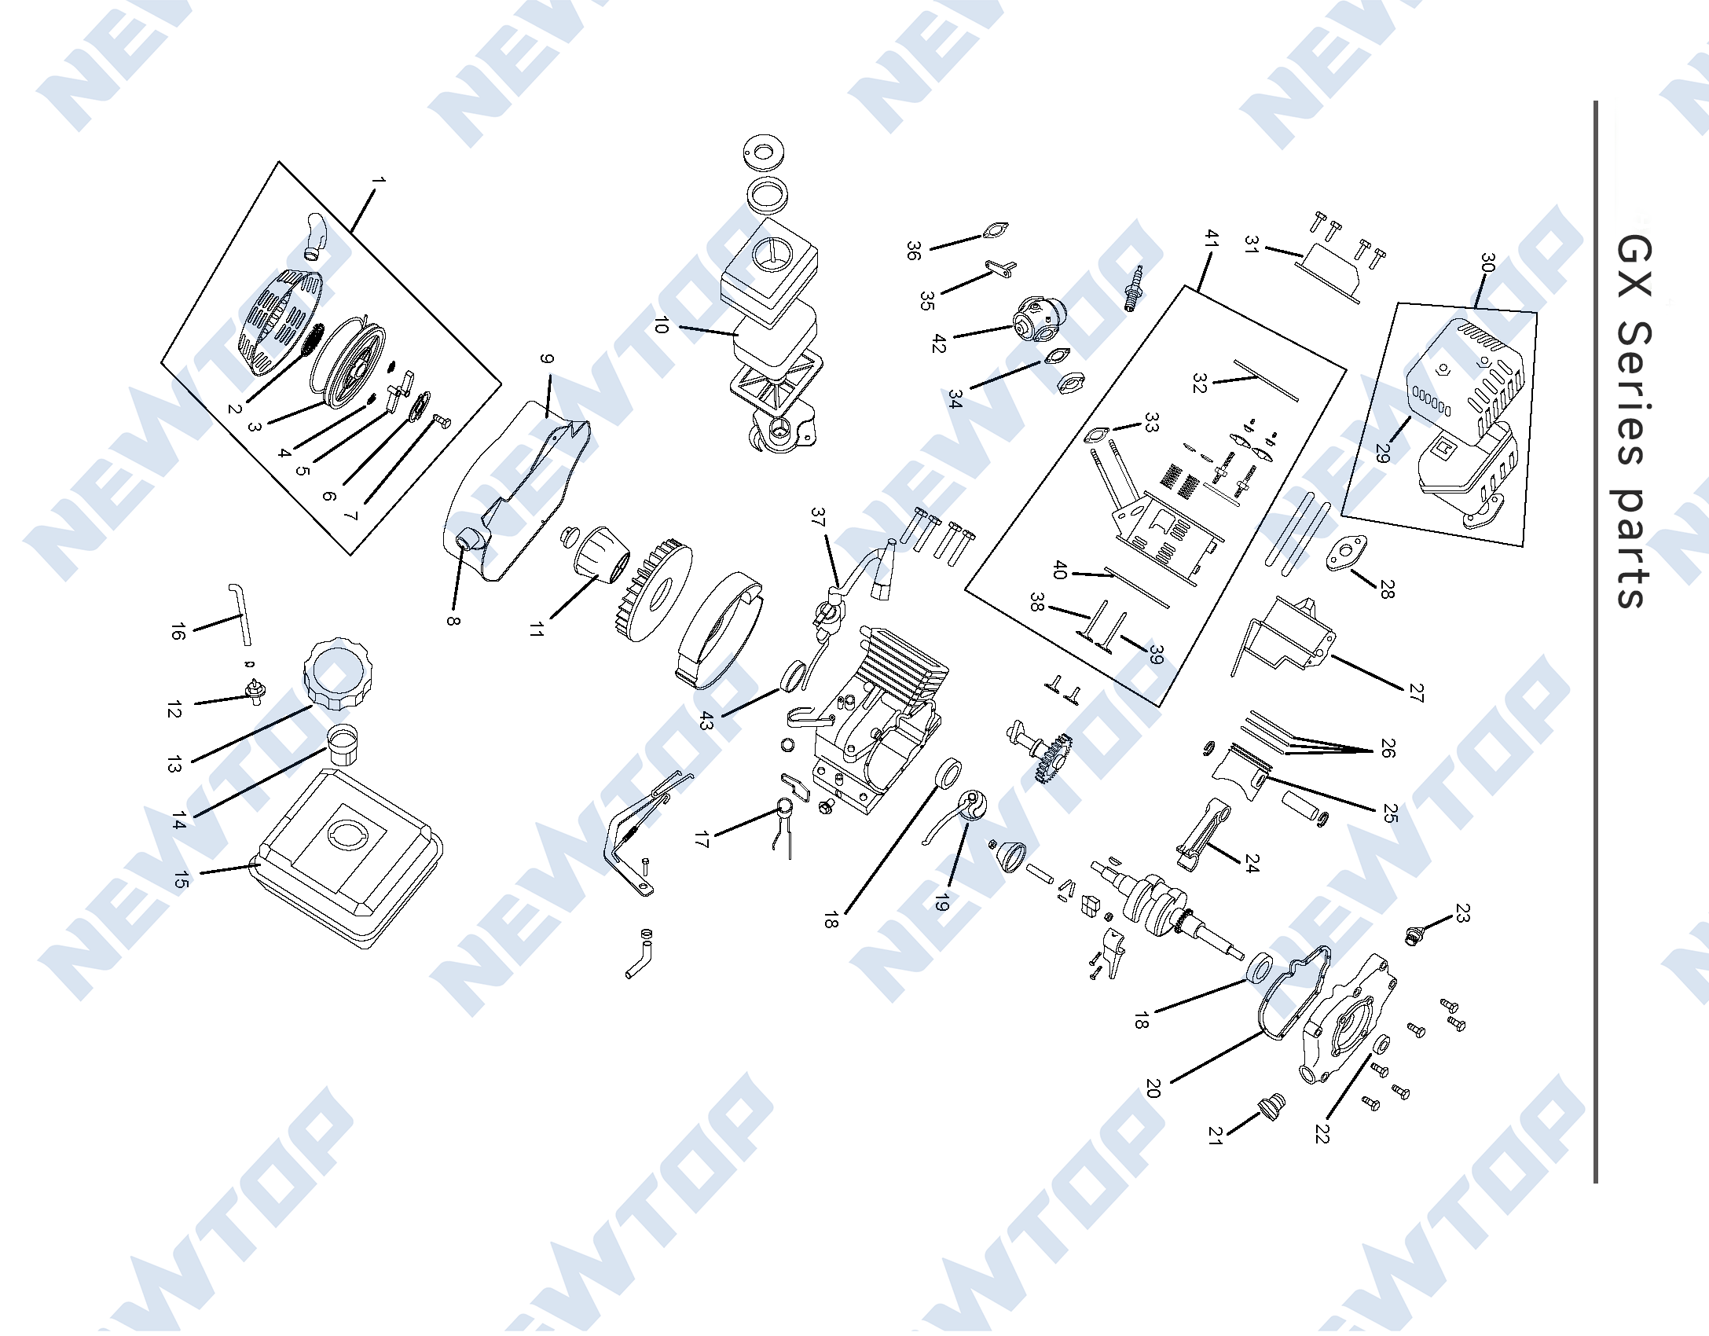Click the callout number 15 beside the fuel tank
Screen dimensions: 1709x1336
coord(182,880)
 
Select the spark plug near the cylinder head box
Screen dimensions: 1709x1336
coord(1133,289)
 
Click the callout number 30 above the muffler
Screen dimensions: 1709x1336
coord(1487,262)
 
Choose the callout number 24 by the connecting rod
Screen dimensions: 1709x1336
coord(1252,864)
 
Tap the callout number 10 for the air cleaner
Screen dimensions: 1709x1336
coord(661,325)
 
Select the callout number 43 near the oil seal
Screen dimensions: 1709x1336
coord(706,721)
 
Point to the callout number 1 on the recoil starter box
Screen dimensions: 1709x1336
coord(378,181)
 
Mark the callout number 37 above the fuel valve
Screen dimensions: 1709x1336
coord(818,517)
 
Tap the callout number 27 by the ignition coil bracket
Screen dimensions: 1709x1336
coord(1416,692)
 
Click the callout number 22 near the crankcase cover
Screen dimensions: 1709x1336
coord(1322,1133)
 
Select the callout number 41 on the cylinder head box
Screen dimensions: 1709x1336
coord(1212,239)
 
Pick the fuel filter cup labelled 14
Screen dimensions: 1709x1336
coord(343,745)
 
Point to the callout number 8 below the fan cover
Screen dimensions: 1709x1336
coord(453,620)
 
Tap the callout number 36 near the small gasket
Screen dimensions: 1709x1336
coord(912,251)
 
